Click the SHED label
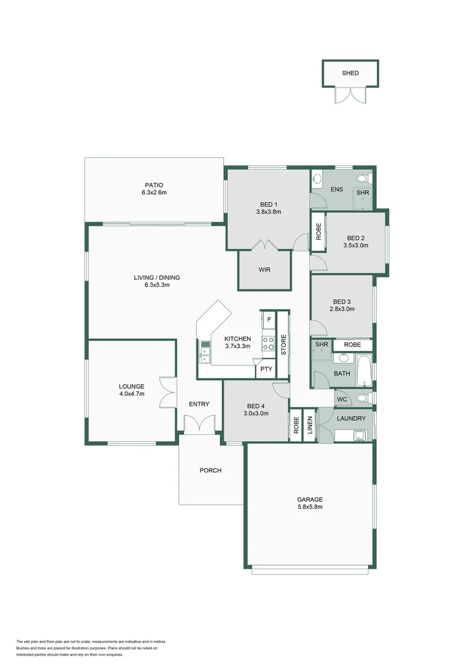click(350, 73)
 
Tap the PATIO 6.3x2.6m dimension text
click(154, 193)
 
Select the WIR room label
click(264, 270)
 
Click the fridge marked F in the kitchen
click(269, 320)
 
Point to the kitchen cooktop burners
click(269, 343)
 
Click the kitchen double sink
click(205, 352)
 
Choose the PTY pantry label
click(266, 369)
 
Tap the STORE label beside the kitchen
click(283, 345)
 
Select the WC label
click(341, 399)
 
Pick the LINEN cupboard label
click(310, 424)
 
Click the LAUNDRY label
click(351, 418)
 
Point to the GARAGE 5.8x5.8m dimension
click(310, 507)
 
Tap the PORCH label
click(211, 470)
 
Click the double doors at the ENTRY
click(200, 425)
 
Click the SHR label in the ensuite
click(362, 193)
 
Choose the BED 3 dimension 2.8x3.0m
click(342, 309)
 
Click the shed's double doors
click(350, 95)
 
